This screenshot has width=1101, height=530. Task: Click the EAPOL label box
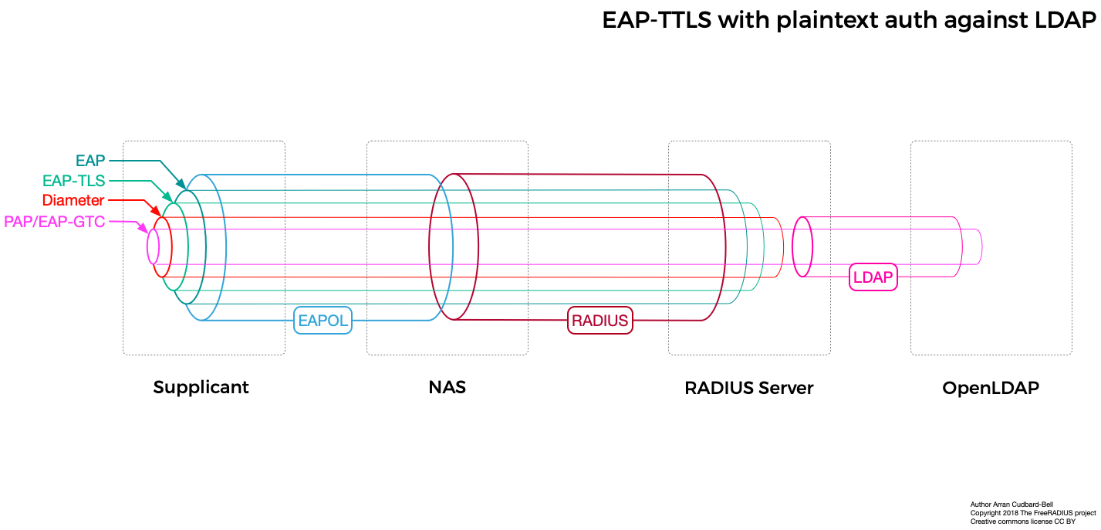pos(323,320)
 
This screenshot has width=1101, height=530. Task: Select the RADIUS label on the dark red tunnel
pos(599,320)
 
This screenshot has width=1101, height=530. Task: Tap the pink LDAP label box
pos(873,277)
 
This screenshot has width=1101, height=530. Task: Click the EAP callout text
pos(90,161)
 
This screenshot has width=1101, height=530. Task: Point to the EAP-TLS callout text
pos(73,181)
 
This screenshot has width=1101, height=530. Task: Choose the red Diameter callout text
pos(73,201)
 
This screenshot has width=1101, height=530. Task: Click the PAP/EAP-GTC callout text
pos(55,222)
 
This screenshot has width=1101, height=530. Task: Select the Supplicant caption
pos(201,387)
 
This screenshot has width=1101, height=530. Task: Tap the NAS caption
pos(447,387)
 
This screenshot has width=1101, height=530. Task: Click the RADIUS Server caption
pos(748,387)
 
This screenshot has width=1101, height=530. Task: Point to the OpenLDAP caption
pos(991,387)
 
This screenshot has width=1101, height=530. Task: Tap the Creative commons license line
pos(1022,522)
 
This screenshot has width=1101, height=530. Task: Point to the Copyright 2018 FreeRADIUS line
pos(1032,513)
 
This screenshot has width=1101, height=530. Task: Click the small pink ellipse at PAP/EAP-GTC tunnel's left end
pos(153,246)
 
